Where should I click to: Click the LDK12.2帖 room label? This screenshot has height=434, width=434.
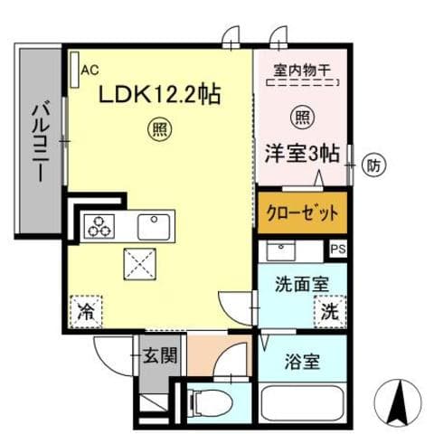156,92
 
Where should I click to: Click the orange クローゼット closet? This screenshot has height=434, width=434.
301,214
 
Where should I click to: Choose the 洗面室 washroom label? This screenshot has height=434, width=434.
301,282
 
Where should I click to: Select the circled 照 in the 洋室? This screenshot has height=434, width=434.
301,117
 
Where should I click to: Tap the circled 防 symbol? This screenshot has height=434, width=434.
373,165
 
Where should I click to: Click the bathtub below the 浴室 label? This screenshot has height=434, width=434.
301,402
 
